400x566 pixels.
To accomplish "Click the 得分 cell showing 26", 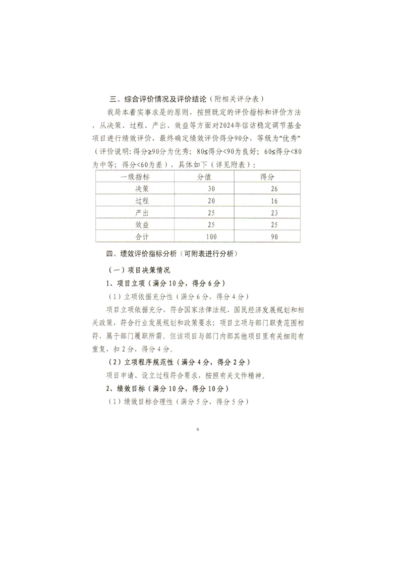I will coord(274,189).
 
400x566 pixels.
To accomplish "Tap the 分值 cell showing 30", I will coord(211,189).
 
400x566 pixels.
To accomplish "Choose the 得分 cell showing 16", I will coord(274,200).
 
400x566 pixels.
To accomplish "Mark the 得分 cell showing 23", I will coord(274,212).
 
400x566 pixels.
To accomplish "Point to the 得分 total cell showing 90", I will coord(274,236).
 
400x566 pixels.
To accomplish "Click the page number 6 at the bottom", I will coord(198,429).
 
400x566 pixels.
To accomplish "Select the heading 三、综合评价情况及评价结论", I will coord(151,98).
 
